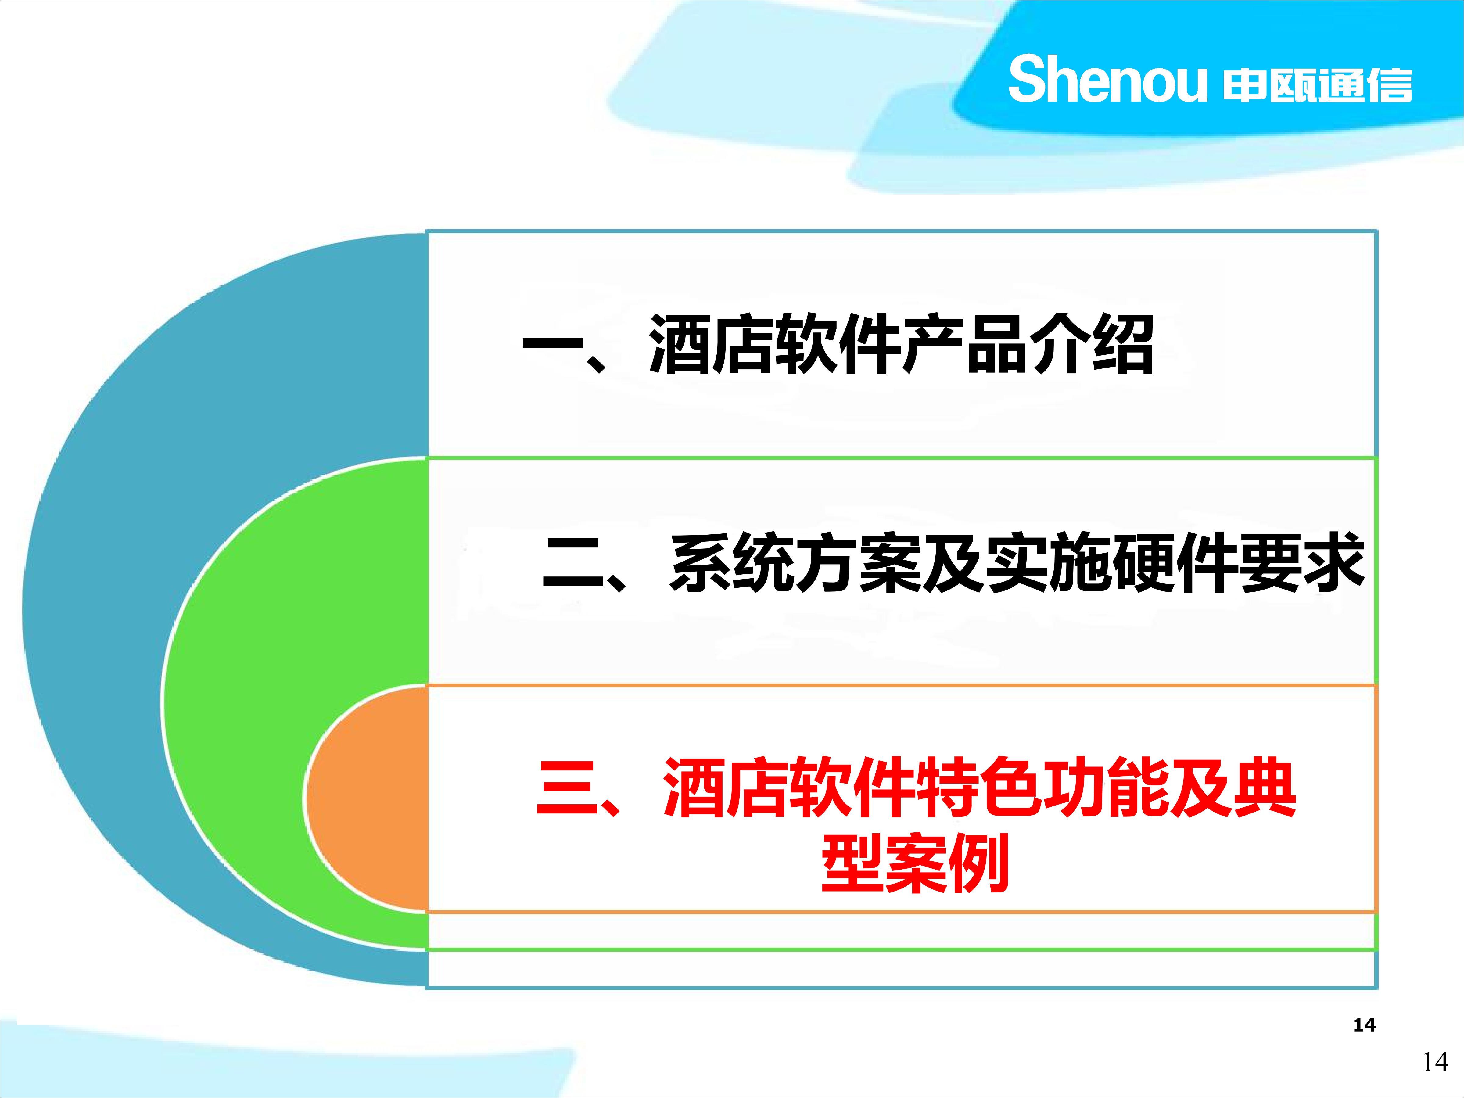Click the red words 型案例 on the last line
[x=915, y=862]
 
